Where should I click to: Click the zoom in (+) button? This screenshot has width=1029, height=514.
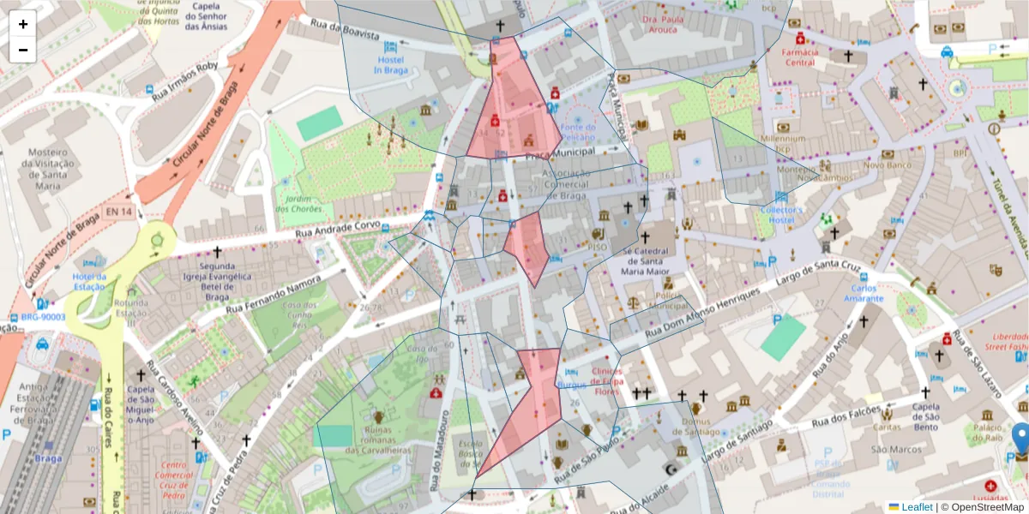[23, 24]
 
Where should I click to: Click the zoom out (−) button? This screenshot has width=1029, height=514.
[23, 50]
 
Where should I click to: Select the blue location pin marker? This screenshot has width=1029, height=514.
[1020, 438]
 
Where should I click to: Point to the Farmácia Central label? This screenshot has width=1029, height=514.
[799, 57]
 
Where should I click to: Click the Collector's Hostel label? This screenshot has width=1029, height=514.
[781, 215]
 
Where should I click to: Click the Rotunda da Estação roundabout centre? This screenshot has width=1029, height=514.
[157, 241]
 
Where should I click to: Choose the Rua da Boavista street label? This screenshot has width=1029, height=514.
[345, 30]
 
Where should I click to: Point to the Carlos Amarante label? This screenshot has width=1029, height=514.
[863, 293]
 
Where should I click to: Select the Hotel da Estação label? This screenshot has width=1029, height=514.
[89, 281]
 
